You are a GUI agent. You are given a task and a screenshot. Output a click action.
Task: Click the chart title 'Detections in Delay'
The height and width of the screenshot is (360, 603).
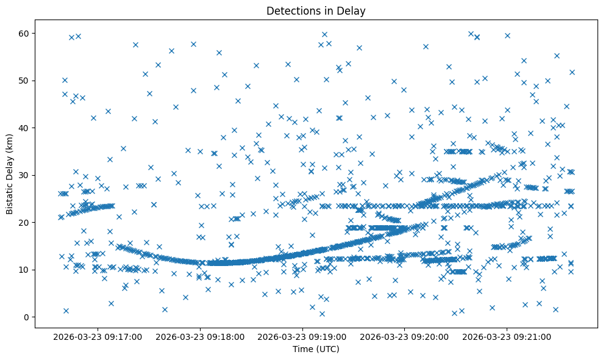(x=316, y=10)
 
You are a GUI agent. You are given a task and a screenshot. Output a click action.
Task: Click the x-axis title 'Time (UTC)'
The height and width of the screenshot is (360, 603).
(x=316, y=349)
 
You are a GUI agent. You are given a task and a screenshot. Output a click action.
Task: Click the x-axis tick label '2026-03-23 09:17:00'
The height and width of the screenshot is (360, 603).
(x=98, y=336)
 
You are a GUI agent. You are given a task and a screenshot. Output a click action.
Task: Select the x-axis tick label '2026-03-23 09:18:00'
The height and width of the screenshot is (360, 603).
(x=200, y=336)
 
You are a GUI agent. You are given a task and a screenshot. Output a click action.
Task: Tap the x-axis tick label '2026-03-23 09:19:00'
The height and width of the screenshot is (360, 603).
(x=302, y=336)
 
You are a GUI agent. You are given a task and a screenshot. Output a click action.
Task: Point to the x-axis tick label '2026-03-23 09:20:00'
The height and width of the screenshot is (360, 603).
(x=405, y=336)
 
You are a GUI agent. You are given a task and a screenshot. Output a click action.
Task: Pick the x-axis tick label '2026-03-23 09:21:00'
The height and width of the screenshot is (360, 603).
(x=507, y=336)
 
